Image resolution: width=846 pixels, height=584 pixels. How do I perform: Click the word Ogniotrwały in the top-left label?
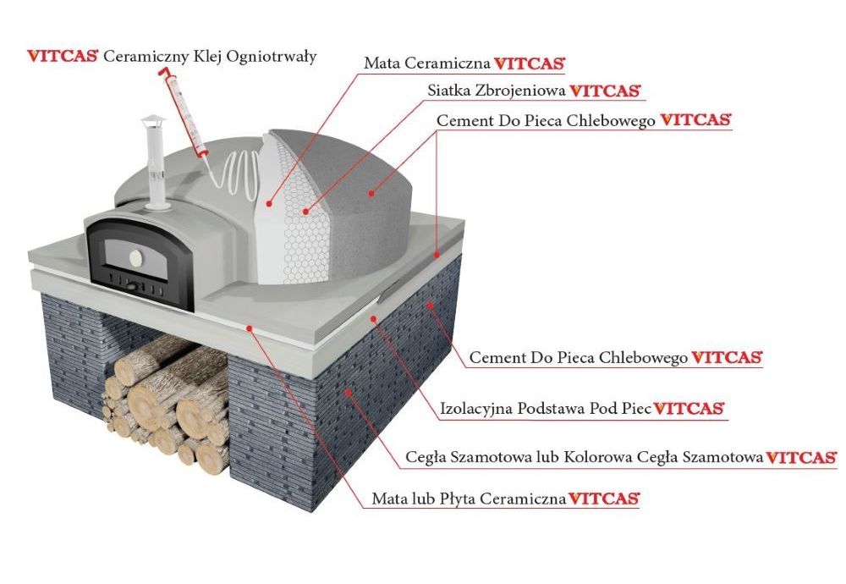(x=271, y=58)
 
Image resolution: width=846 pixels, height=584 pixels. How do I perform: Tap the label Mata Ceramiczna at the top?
(x=426, y=63)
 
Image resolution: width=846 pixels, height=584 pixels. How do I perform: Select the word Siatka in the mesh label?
(x=446, y=90)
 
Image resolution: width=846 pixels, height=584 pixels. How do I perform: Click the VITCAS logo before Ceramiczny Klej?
(x=63, y=56)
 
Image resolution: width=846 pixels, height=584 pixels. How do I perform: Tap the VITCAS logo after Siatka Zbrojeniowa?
(x=605, y=91)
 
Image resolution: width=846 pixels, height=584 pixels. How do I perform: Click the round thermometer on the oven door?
(x=135, y=255)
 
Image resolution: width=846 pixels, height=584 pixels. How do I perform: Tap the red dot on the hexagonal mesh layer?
(x=306, y=212)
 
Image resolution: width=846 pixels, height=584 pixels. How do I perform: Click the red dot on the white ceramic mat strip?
(x=269, y=203)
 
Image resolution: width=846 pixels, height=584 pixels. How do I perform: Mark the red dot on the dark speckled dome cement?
(x=371, y=192)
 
